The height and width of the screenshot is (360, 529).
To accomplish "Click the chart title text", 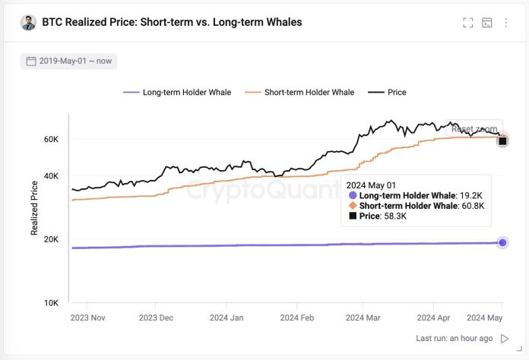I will (x=172, y=22).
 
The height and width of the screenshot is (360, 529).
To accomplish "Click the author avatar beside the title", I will (x=29, y=23).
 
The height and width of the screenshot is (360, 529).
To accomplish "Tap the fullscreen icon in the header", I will (x=468, y=23).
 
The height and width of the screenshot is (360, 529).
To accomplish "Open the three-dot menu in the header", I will (x=506, y=23).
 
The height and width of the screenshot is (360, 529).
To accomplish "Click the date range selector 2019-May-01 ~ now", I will (x=69, y=61).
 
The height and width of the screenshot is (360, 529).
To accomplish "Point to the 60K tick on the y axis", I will (x=50, y=140).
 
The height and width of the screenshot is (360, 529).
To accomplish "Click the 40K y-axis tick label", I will (x=50, y=176).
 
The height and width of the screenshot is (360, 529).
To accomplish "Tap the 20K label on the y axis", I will (x=50, y=239).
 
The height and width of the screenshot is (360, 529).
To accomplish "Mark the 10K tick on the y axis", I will (x=50, y=303).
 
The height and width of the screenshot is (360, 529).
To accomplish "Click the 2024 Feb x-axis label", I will (x=296, y=318).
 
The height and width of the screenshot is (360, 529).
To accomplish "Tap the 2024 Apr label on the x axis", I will (x=434, y=318).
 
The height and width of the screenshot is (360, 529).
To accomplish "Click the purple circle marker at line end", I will (x=502, y=242).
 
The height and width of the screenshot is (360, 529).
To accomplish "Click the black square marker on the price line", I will (x=502, y=141).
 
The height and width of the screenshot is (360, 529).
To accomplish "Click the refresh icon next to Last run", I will (x=505, y=338).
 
